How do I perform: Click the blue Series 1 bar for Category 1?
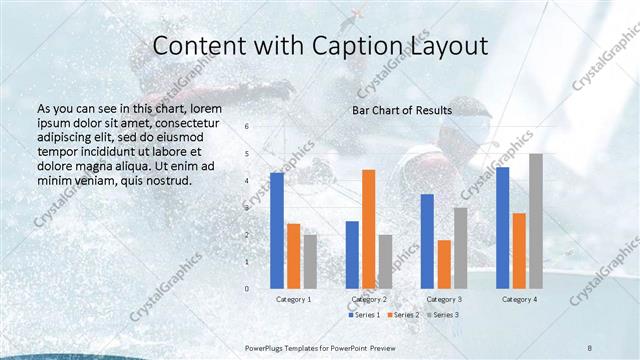[277, 231]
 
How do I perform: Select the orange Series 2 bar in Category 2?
[368, 229]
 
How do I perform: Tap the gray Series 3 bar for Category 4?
[535, 221]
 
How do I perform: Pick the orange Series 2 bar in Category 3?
[444, 264]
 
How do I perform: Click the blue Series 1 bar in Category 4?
[502, 228]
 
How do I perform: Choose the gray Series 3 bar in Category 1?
[310, 261]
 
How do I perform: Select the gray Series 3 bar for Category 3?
[460, 248]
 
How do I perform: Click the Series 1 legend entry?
[365, 315]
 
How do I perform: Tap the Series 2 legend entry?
[403, 315]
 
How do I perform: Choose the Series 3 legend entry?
[442, 315]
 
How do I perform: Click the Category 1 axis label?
[293, 299]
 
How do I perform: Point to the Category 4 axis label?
[519, 299]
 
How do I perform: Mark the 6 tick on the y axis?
[247, 127]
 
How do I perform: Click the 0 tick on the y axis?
[247, 288]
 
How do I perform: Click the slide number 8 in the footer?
[590, 345]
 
